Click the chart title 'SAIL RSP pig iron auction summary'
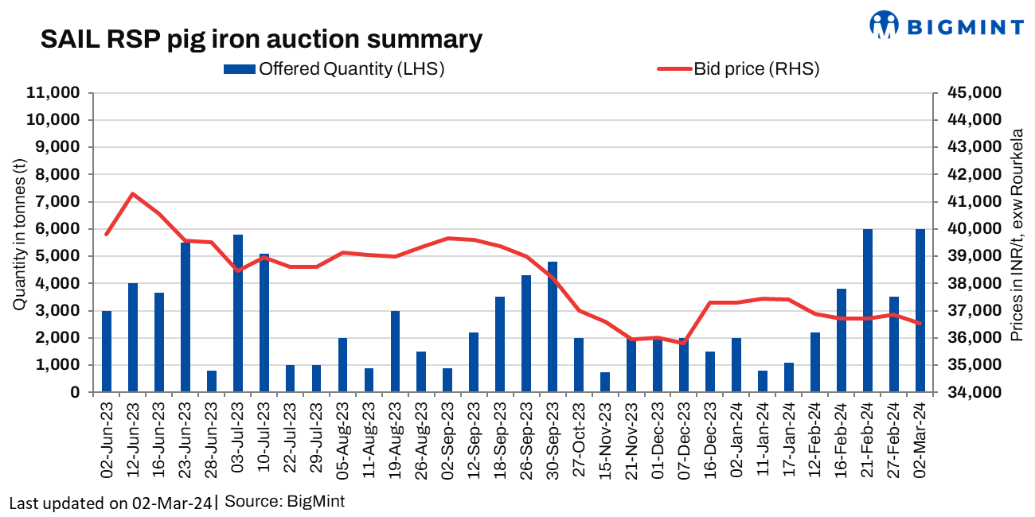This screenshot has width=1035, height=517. point(261,40)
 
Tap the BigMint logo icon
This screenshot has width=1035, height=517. point(883,25)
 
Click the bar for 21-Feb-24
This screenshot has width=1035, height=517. point(868,310)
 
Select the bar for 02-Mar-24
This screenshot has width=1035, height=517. point(920,310)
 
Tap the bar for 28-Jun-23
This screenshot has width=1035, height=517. point(212,381)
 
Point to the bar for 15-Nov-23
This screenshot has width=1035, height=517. point(605,382)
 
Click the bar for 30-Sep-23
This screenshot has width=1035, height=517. point(553,327)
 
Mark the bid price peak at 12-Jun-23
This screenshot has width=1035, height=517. point(133,193)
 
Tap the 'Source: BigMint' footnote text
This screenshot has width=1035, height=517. point(285,503)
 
